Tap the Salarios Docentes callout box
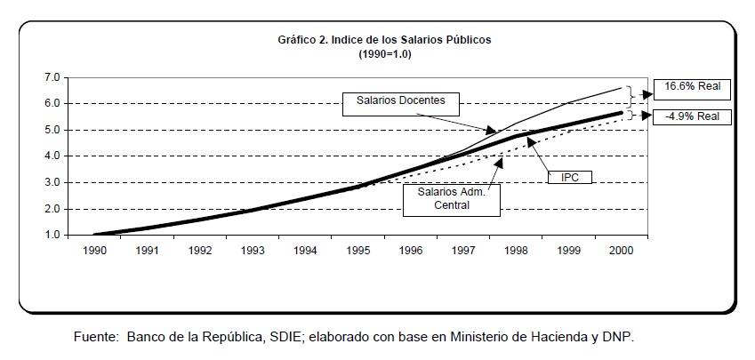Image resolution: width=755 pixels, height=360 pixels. pos(400,104)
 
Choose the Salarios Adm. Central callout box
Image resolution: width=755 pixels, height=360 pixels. pos(451,199)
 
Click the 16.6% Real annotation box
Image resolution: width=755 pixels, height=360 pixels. pos(691,89)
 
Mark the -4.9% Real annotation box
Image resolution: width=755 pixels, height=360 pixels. pos(691,116)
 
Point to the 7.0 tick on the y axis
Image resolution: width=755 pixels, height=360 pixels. pos(52,77)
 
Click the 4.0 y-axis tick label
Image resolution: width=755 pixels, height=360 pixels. pos(52,156)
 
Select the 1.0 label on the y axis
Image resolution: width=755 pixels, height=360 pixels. pos(52,236)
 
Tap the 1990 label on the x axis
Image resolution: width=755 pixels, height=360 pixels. pos(95,251)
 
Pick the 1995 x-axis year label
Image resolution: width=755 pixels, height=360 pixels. pos(358,251)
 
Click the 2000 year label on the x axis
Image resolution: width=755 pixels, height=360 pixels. pos(622,251)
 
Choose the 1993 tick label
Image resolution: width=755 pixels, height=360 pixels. pos(253,251)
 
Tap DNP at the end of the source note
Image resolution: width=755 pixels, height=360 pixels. pos(619,339)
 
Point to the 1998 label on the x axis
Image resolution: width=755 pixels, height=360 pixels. pos(517,251)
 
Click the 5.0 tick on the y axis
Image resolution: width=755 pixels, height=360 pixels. pos(52,130)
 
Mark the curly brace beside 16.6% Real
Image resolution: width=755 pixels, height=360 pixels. pos(631,94)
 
